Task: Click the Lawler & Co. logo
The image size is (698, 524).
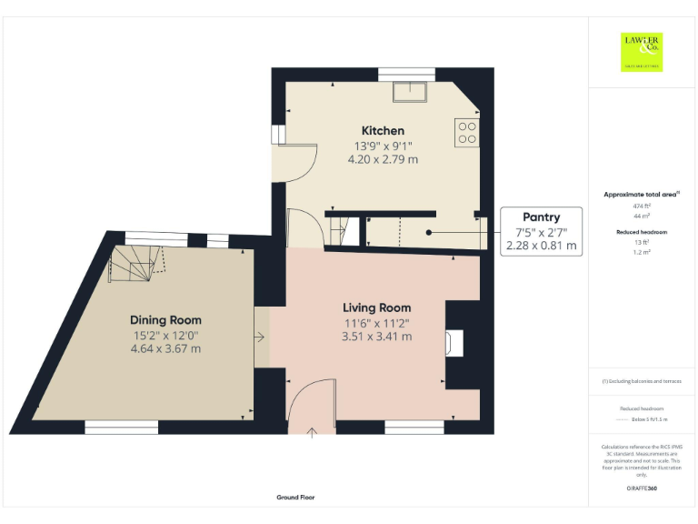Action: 642,51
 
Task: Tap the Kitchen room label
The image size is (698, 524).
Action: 383,131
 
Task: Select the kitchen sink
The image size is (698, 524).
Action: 410,92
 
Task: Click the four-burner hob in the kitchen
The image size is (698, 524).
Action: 468,133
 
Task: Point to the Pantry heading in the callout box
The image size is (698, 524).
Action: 541,217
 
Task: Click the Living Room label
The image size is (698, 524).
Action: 376,307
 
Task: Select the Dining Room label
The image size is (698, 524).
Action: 165,320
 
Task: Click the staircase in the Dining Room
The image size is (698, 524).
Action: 134,261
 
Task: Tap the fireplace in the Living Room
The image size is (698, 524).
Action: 455,343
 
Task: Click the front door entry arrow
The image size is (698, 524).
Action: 312,433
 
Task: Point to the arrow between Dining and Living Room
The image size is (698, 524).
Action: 260,338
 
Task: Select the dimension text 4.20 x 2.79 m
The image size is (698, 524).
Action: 383,158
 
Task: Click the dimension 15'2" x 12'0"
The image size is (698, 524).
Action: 165,335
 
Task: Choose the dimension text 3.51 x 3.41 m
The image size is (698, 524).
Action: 376,336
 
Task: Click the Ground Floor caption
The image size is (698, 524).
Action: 295,498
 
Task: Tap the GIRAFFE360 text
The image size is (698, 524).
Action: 642,489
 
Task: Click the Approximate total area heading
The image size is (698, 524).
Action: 641,195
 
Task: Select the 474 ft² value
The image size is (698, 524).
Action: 642,207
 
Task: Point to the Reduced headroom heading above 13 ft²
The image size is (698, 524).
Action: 642,232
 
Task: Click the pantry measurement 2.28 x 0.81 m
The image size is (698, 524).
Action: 541,245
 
